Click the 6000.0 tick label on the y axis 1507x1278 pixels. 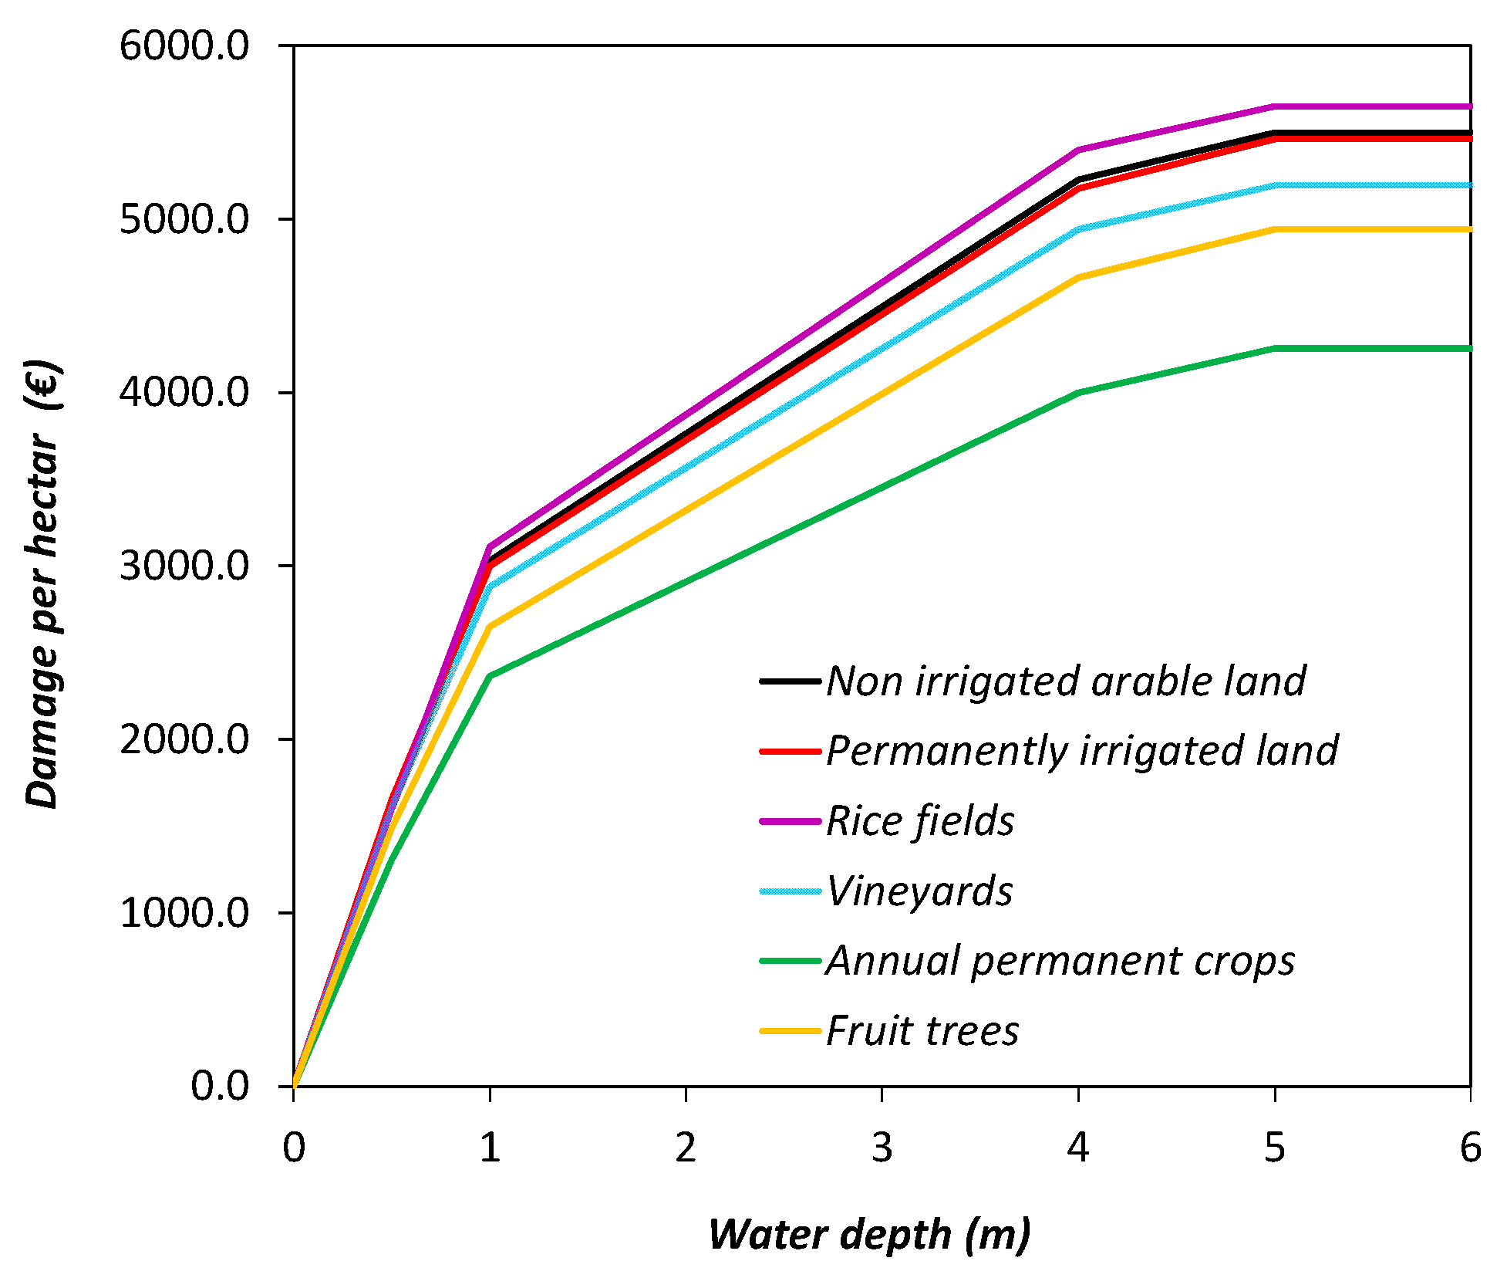tap(184, 46)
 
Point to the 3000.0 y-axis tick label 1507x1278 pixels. tap(184, 566)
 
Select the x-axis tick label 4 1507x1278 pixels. tap(1077, 1148)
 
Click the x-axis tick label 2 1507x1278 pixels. tap(685, 1148)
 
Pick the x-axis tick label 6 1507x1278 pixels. tap(1470, 1148)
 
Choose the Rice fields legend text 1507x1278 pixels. tap(919, 821)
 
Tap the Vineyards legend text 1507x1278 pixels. tap(919, 891)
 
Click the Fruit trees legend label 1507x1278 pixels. tap(922, 1031)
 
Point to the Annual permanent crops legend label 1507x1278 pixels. tap(1060, 962)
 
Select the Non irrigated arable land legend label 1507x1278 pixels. tap(1066, 681)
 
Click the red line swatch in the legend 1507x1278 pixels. tap(790, 751)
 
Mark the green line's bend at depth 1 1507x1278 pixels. tap(490, 676)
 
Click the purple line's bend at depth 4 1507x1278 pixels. tap(1078, 150)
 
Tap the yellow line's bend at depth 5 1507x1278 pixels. tap(1274, 229)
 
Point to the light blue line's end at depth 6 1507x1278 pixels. tap(1469, 185)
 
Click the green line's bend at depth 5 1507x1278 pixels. tap(1274, 348)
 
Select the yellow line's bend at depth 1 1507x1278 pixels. tap(490, 627)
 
